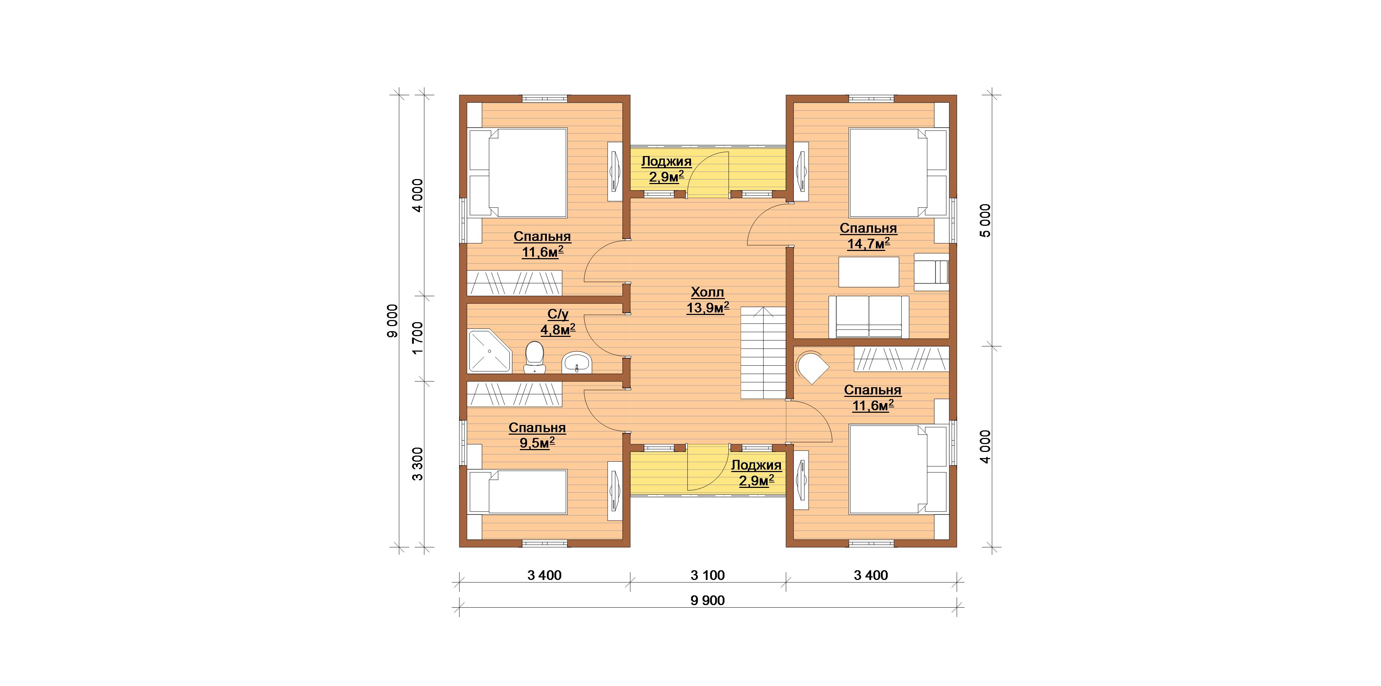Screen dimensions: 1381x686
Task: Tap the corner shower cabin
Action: point(114,351)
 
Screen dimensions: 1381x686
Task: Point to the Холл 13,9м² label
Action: point(708,300)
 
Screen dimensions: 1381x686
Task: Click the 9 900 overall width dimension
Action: point(708,600)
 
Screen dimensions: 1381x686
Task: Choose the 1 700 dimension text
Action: point(418,338)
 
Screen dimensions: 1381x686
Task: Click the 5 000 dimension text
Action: point(986,220)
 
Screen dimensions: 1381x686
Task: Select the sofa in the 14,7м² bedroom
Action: point(869,317)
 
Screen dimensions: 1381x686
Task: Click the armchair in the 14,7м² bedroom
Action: point(931,272)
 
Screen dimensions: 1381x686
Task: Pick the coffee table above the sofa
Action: point(869,272)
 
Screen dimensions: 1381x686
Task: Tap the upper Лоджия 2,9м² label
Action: point(666,169)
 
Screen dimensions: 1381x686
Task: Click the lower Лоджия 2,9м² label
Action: point(756,473)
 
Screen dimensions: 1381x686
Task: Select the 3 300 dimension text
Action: point(418,464)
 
